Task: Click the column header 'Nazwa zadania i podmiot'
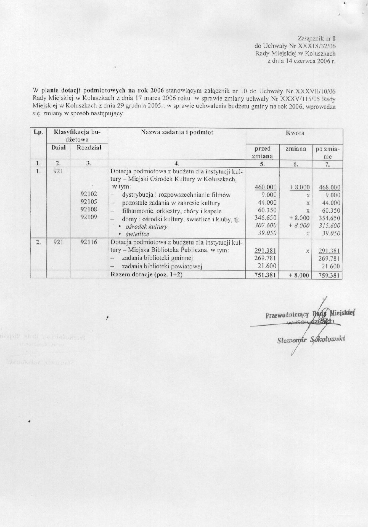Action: pyautogui.click(x=177, y=132)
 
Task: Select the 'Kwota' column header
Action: pyautogui.click(x=294, y=132)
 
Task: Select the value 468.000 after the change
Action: pyautogui.click(x=330, y=187)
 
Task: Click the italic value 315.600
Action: pyautogui.click(x=330, y=226)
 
